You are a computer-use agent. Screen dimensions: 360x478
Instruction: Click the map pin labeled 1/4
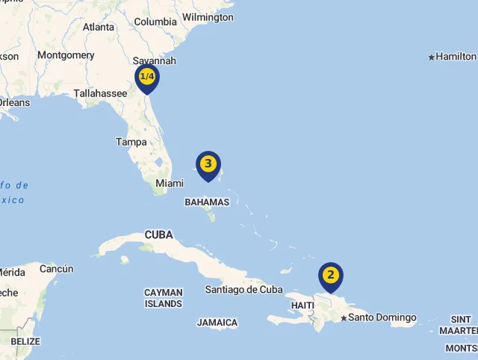147,78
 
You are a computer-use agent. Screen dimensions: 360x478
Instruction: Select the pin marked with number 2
330,276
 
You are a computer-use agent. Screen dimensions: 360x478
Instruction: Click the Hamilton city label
456,56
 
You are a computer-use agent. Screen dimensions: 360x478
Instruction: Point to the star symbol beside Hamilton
432,57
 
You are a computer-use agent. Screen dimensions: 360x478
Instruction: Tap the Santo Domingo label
382,317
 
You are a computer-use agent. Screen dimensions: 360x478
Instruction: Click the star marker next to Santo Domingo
344,318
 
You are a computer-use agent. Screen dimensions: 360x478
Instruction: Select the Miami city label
169,183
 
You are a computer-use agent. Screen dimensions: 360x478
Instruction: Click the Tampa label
131,141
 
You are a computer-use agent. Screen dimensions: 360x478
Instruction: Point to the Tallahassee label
100,93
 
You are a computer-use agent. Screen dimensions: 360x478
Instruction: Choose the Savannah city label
155,60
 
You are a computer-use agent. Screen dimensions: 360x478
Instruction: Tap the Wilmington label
208,17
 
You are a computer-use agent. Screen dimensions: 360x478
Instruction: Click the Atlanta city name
99,27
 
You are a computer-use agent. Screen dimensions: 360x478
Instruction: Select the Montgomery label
66,55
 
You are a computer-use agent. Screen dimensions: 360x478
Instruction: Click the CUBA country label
158,235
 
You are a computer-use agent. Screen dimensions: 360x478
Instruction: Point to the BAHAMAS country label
207,202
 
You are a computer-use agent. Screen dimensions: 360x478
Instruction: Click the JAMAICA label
217,323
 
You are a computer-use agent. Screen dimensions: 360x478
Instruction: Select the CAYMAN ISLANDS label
163,298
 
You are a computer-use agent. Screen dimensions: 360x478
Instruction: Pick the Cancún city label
57,269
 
